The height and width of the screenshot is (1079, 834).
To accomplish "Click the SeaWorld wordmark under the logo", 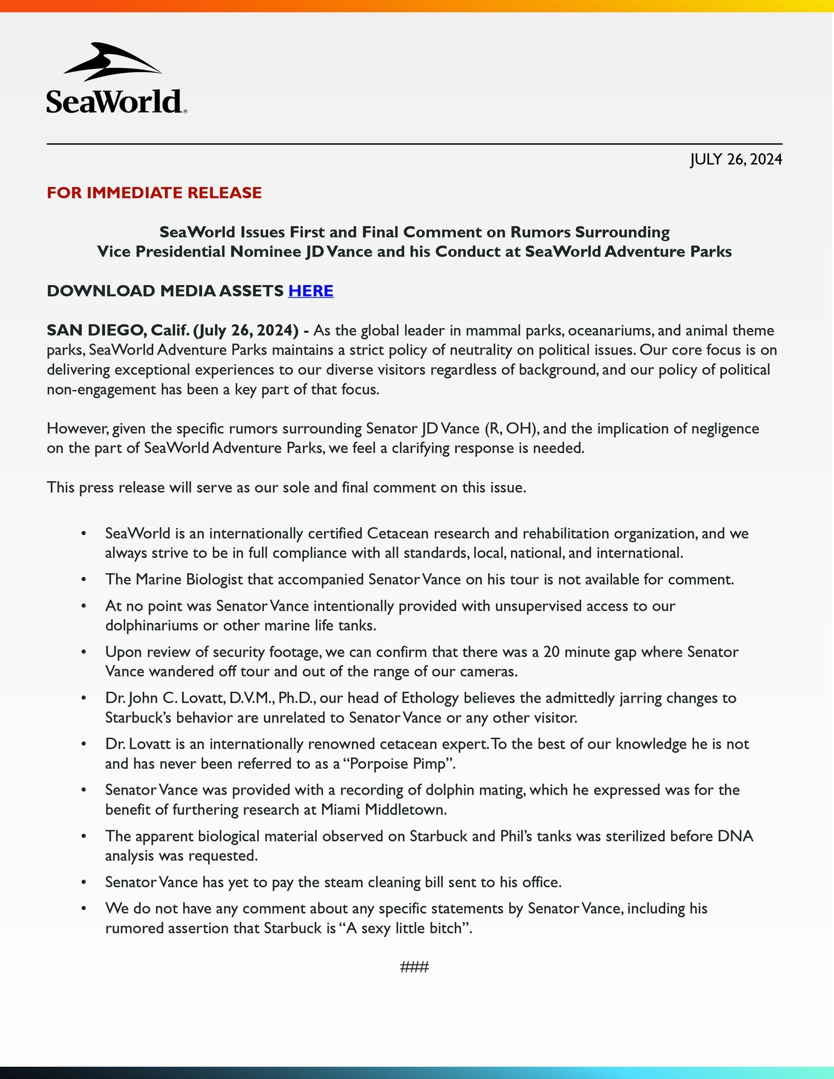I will [x=114, y=102].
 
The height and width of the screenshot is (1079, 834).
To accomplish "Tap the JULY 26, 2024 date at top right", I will [x=736, y=159].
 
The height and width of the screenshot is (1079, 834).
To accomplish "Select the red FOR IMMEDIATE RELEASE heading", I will [x=154, y=193].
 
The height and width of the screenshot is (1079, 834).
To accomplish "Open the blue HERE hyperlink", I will [x=311, y=291].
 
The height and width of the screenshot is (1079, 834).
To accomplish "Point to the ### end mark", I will [x=415, y=967].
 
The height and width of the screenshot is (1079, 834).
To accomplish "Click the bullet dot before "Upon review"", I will [x=83, y=652].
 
